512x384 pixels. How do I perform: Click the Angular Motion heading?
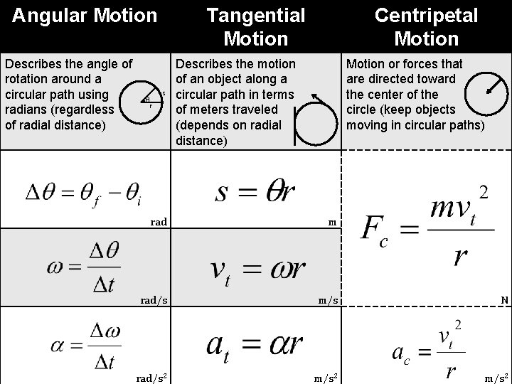(85, 14)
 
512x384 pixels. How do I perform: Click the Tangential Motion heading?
(255, 26)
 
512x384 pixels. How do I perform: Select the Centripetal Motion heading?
(426, 26)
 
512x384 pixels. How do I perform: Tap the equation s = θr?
(255, 191)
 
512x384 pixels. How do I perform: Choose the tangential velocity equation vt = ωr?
(257, 268)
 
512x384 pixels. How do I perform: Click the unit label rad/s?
(154, 300)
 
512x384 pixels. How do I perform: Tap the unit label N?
(504, 300)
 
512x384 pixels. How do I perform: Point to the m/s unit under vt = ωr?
(328, 300)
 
